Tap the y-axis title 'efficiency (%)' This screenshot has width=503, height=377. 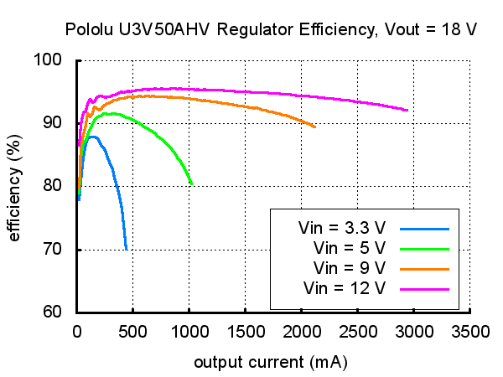(x=15, y=186)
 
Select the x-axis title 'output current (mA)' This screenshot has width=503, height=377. (x=271, y=363)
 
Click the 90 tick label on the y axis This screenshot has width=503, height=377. (x=60, y=123)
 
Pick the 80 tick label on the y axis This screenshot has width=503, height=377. (x=60, y=186)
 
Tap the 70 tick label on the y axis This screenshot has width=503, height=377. (x=60, y=250)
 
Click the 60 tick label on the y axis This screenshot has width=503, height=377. (x=60, y=312)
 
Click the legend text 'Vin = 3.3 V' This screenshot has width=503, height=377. (x=342, y=228)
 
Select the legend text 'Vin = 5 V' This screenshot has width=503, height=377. (x=350, y=248)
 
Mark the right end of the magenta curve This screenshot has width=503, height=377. (x=407, y=110)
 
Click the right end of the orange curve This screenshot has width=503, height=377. (x=315, y=127)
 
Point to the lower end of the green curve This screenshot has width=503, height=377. (x=192, y=183)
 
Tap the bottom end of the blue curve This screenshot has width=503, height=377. (x=127, y=249)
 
